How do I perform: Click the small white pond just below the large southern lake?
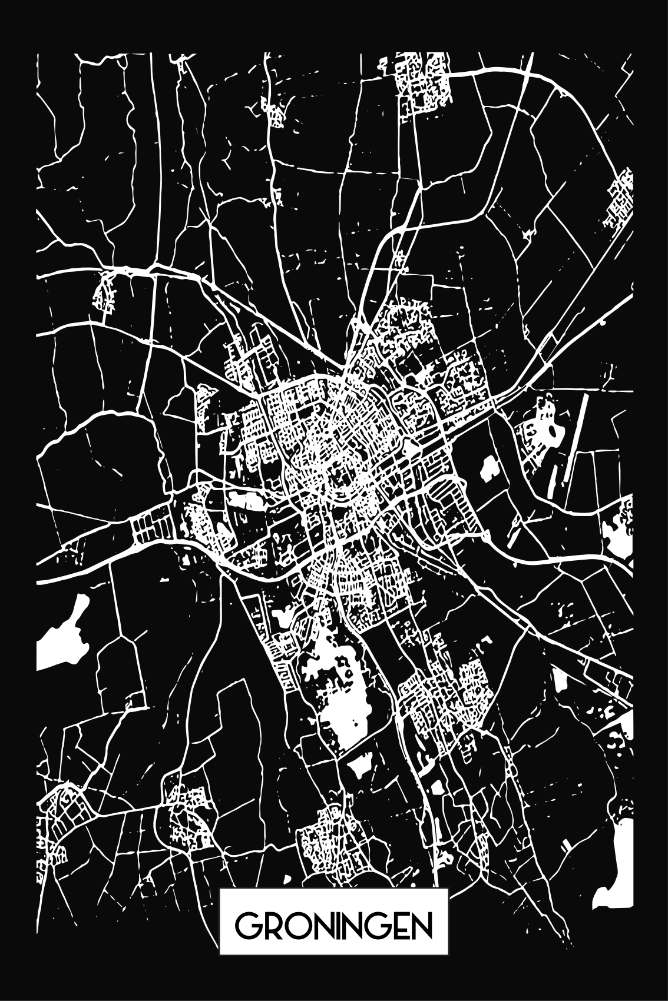[x=358, y=765]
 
